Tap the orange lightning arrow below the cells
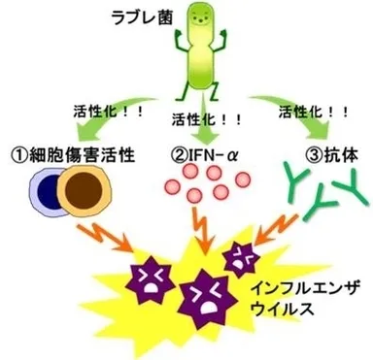tap(106, 237)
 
